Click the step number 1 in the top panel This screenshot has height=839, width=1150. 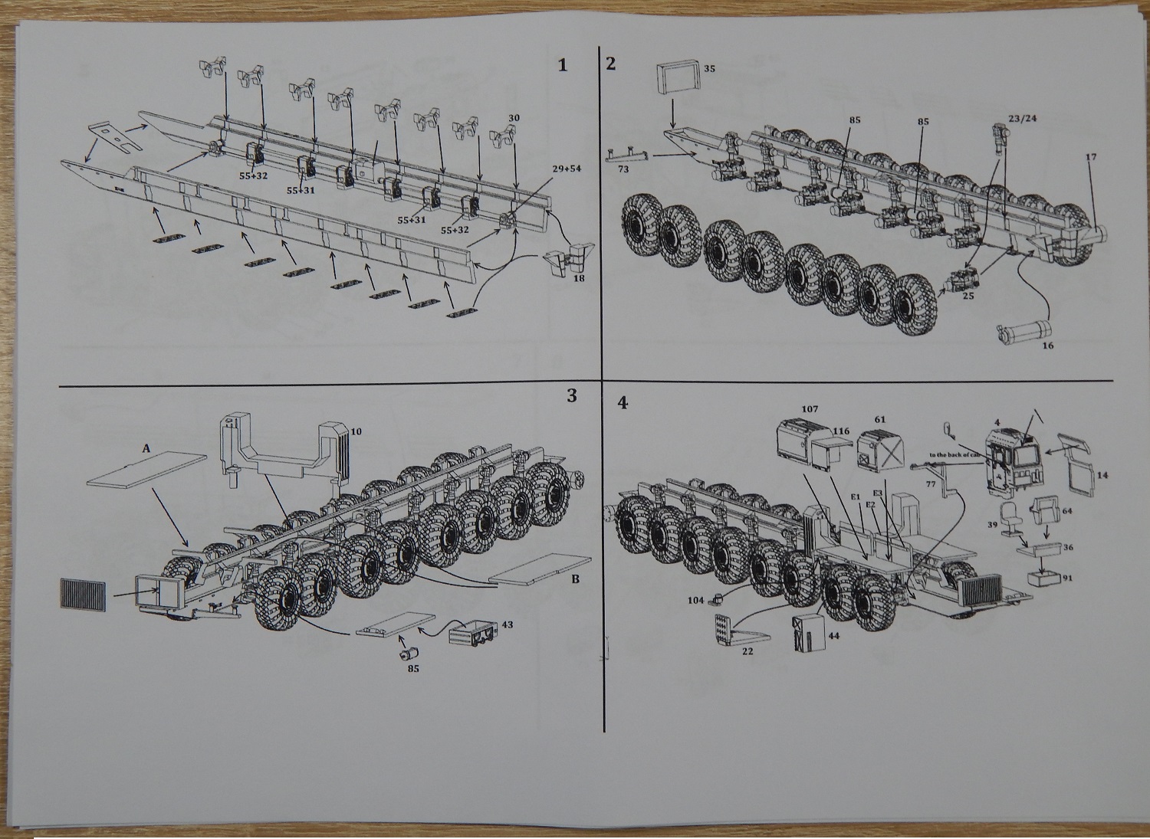coord(563,65)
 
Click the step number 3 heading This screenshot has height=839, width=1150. coord(570,395)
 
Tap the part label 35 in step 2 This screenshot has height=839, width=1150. coord(709,69)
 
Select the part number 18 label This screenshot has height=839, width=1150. coord(579,280)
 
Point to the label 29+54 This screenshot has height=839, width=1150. coord(567,168)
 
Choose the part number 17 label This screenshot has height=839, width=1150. coord(1091,157)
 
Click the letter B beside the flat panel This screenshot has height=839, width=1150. coord(574,579)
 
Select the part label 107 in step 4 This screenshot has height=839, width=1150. coord(810,409)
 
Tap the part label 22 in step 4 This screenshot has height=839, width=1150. coord(747,651)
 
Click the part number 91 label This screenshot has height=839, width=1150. coord(1067,578)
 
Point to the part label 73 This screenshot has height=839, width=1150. coord(623,169)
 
